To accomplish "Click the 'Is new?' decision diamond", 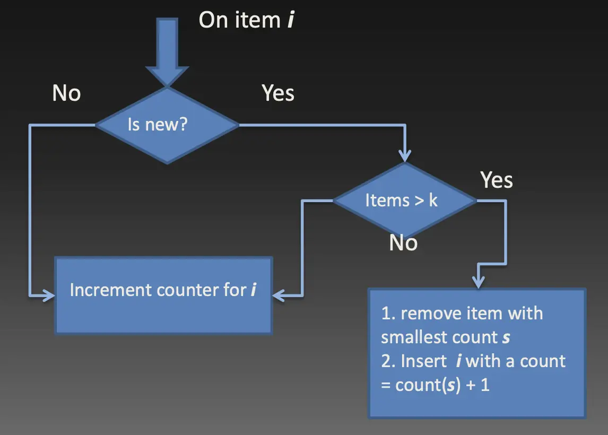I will click(x=167, y=125).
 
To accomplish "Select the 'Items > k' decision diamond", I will click(x=404, y=201).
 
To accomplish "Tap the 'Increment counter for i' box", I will click(x=163, y=295).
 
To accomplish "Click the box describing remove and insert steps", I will click(x=477, y=353).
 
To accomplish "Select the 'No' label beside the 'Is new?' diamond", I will click(x=66, y=94).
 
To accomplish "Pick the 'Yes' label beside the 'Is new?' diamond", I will click(x=278, y=93).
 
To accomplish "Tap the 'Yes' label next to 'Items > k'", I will click(x=496, y=180).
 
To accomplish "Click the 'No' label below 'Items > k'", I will click(x=403, y=243).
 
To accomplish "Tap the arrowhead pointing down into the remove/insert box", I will click(x=479, y=281).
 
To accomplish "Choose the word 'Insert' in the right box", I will click(x=423, y=361).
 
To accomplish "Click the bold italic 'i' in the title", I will click(x=289, y=20).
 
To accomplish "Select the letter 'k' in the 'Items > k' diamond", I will click(x=433, y=201).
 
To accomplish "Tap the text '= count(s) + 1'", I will click(x=435, y=385).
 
